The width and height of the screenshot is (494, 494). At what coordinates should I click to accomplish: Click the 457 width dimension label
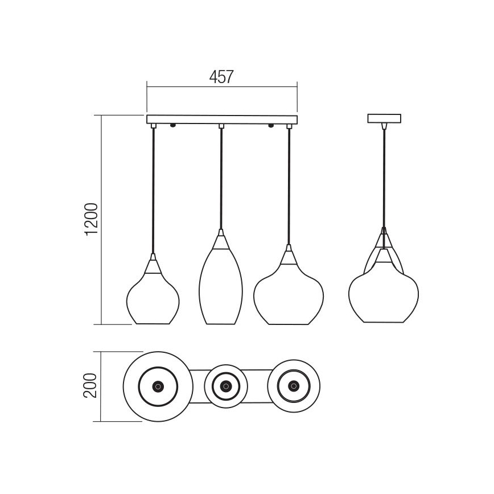(221, 77)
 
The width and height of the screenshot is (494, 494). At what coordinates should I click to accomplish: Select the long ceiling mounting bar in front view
(222, 120)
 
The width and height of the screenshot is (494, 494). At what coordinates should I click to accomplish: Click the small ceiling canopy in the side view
(384, 119)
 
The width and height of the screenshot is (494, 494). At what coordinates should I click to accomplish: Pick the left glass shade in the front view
(153, 299)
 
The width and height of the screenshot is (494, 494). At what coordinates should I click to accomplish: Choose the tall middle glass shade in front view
(221, 287)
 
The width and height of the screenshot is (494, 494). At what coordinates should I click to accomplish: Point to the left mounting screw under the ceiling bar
(172, 125)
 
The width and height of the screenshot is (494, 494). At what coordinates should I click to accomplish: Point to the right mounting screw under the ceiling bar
(271, 125)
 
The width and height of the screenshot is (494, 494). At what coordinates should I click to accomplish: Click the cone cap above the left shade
(153, 266)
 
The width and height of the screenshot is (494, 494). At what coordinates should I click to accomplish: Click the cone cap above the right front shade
(289, 257)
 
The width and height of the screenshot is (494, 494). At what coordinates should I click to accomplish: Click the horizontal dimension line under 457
(222, 86)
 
